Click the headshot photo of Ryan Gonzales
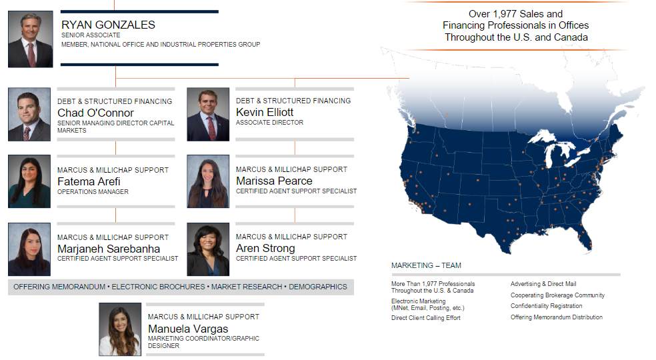[31, 39]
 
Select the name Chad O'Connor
[95, 113]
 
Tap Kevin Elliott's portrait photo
[208, 114]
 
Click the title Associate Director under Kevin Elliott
[269, 123]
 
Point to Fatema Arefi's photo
[29, 181]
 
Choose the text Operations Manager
[93, 192]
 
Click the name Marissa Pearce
[274, 181]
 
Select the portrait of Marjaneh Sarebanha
[29, 249]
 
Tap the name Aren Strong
[265, 248]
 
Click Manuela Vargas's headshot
[120, 329]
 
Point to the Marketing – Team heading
[426, 265]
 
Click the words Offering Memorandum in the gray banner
[59, 287]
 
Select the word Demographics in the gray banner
[318, 287]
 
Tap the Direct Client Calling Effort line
[426, 318]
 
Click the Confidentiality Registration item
[547, 306]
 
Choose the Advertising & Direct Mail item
[543, 284]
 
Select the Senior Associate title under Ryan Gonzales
[91, 35]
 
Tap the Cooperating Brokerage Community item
[558, 295]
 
